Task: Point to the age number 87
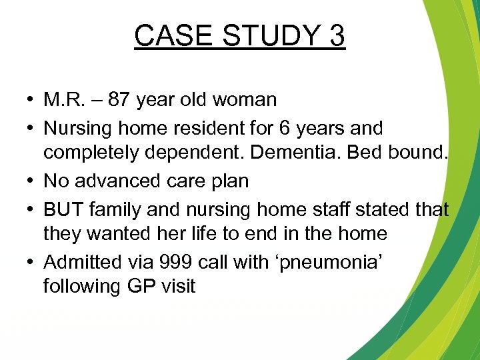click(x=119, y=101)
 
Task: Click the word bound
click(x=421, y=154)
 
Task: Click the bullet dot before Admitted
click(x=32, y=261)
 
